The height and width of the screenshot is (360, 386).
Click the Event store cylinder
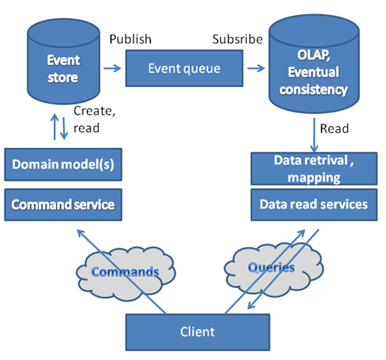64,61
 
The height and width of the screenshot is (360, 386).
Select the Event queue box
184,68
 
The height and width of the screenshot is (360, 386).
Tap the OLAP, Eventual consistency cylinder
314,64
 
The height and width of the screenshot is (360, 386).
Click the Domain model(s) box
63,164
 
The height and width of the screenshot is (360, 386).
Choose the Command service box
63,205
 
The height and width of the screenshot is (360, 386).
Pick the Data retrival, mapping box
314,169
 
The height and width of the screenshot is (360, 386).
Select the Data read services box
314,205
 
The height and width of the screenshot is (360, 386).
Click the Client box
198,332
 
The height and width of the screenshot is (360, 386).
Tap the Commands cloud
125,273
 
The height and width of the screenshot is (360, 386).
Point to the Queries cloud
273,268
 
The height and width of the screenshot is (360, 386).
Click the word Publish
131,39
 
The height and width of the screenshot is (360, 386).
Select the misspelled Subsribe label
237,39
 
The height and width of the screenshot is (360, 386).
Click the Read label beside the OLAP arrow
334,128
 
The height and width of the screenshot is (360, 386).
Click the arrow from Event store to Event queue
112,68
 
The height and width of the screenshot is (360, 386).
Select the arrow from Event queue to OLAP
256,68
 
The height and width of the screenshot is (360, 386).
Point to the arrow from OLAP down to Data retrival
314,135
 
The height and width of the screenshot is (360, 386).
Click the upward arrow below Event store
55,127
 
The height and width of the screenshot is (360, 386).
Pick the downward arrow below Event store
64,128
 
